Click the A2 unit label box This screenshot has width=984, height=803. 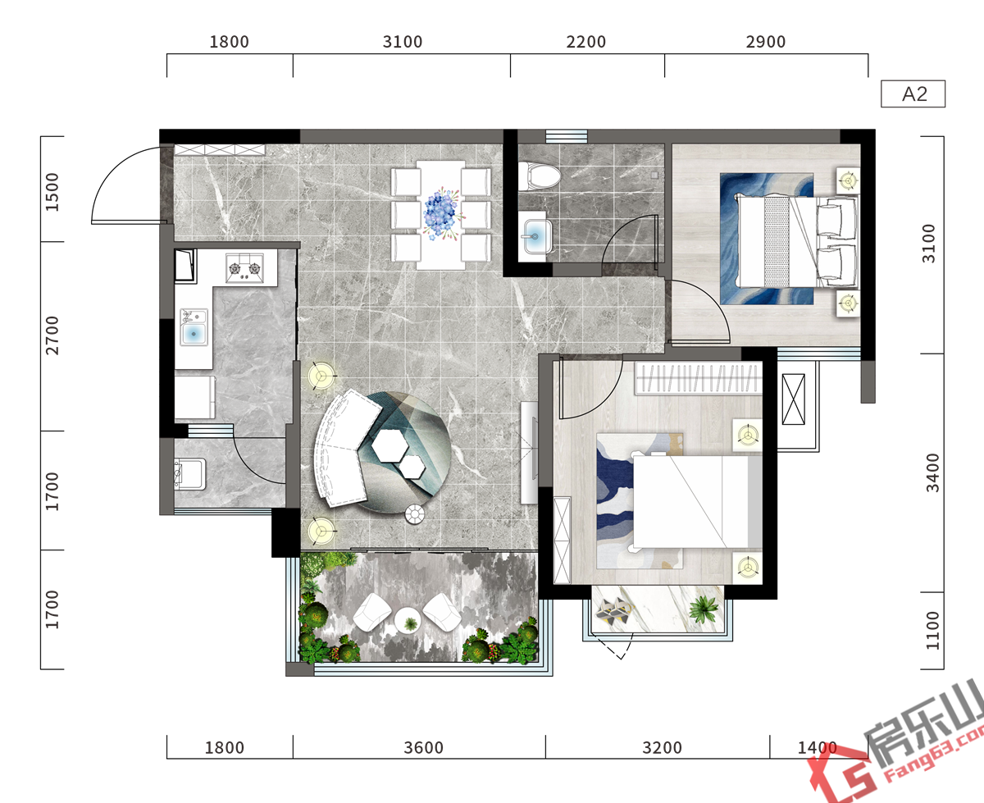(913, 94)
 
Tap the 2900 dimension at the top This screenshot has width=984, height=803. (766, 42)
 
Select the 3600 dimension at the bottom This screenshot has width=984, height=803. (423, 748)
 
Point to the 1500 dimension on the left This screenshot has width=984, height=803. (52, 192)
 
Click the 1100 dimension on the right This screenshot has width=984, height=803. (932, 631)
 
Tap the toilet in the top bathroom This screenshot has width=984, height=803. (540, 176)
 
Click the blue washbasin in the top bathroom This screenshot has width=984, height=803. (535, 236)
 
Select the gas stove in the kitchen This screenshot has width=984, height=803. (244, 268)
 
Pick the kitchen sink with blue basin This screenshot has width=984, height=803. (194, 327)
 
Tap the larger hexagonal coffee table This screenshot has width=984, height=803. (390, 445)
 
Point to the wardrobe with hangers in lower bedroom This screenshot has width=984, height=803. (699, 378)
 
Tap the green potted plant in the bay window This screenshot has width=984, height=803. (703, 609)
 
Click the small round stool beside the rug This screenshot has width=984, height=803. (415, 514)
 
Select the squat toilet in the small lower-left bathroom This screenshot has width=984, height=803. (189, 473)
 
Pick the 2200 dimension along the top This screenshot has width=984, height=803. (586, 42)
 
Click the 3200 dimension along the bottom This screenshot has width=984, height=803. (662, 748)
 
